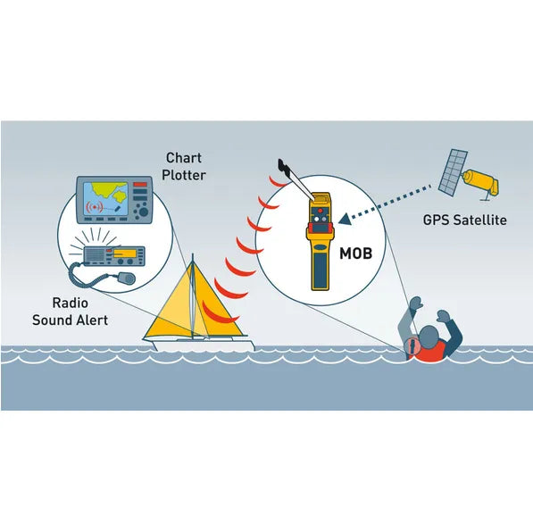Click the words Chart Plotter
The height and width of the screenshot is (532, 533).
184,166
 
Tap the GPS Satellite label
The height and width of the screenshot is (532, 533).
464,220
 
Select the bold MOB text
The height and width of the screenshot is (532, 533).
355,254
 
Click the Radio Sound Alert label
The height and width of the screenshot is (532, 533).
71,312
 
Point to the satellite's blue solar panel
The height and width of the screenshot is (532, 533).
453,172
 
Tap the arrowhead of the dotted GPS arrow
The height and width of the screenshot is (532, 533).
345,219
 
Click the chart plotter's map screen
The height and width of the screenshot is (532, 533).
105,199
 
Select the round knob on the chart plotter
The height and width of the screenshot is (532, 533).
144,212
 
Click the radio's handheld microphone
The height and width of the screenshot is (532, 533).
127,278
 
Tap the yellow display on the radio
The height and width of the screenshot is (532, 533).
124,254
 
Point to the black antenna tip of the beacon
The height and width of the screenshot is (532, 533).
283,166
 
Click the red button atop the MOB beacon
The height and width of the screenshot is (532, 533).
321,211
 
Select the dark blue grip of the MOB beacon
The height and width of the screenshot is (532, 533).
321,271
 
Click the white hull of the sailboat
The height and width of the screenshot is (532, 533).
204,345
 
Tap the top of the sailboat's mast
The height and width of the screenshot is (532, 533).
193,254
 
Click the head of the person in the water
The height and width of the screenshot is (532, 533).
429,337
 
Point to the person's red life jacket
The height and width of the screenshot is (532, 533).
428,351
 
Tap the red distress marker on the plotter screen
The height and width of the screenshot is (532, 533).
95,207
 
